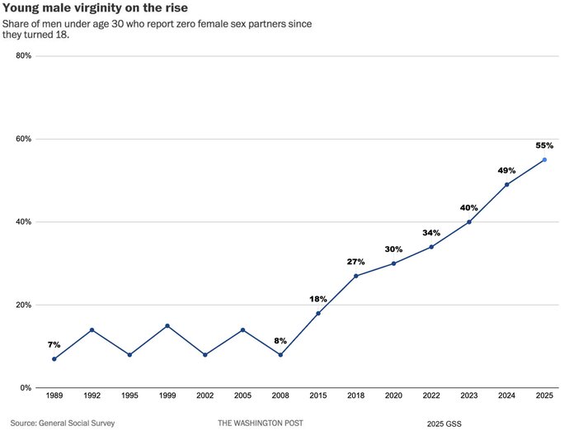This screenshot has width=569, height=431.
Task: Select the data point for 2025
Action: (x=544, y=159)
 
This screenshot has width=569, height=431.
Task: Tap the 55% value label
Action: (x=543, y=145)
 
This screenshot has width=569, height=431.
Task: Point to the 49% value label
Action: (x=506, y=170)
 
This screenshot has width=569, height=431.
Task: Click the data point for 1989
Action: (x=54, y=358)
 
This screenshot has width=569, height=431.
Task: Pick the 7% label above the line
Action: (x=54, y=343)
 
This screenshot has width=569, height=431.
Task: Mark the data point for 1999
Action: (x=167, y=325)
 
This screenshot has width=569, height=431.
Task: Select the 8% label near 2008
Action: (x=280, y=340)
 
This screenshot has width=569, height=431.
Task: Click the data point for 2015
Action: (x=318, y=313)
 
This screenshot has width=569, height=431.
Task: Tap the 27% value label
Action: (x=355, y=261)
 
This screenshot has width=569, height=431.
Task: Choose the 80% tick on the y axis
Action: (x=22, y=56)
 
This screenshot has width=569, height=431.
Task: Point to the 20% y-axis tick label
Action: (x=22, y=305)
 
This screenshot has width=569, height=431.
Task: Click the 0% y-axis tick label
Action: (x=25, y=387)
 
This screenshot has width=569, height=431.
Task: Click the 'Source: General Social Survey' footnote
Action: (x=63, y=423)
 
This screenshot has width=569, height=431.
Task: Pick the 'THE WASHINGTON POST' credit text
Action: (x=261, y=423)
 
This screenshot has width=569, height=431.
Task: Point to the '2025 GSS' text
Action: (x=444, y=423)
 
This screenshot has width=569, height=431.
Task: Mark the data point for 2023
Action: (x=469, y=221)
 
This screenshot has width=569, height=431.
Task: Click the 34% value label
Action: (x=431, y=233)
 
